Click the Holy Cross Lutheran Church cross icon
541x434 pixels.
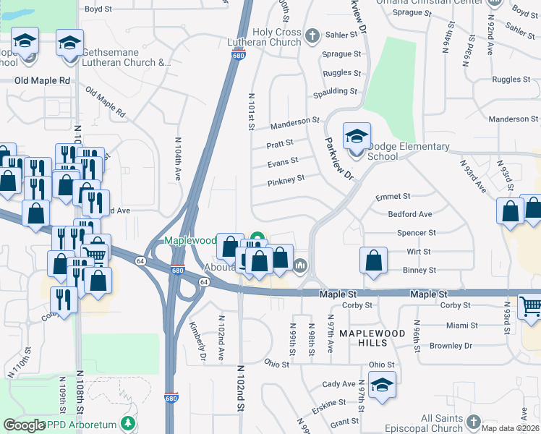click(x=312, y=35)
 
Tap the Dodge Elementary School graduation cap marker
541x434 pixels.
click(x=357, y=137)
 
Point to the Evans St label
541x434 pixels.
click(x=283, y=162)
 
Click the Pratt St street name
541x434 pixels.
click(x=280, y=143)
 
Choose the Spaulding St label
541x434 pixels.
click(x=335, y=92)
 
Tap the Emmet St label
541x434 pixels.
click(x=393, y=196)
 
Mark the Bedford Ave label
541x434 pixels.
click(x=409, y=214)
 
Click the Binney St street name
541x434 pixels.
click(x=418, y=270)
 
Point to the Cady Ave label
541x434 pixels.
click(x=339, y=384)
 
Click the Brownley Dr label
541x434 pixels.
click(x=451, y=346)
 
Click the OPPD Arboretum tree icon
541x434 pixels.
click(x=128, y=423)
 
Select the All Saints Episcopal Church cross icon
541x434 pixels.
click(x=474, y=421)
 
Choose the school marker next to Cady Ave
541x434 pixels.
click(x=382, y=386)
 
